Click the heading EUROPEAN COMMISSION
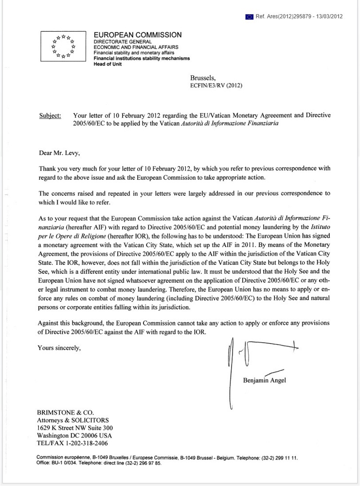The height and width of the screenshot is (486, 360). [138, 35]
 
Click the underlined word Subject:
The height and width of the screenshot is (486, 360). [50, 116]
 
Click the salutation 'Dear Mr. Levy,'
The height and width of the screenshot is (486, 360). [59, 153]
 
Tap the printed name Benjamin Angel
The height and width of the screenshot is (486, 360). [264, 380]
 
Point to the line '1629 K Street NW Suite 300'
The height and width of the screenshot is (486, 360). [75, 428]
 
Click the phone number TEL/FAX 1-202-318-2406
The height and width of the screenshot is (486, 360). [72, 443]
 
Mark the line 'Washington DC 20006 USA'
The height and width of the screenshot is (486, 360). [74, 435]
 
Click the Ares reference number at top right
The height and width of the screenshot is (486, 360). [299, 16]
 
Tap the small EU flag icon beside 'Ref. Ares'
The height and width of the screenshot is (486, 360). [250, 16]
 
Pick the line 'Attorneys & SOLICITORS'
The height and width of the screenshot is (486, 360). [73, 420]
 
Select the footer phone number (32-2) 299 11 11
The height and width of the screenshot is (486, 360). [281, 458]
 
